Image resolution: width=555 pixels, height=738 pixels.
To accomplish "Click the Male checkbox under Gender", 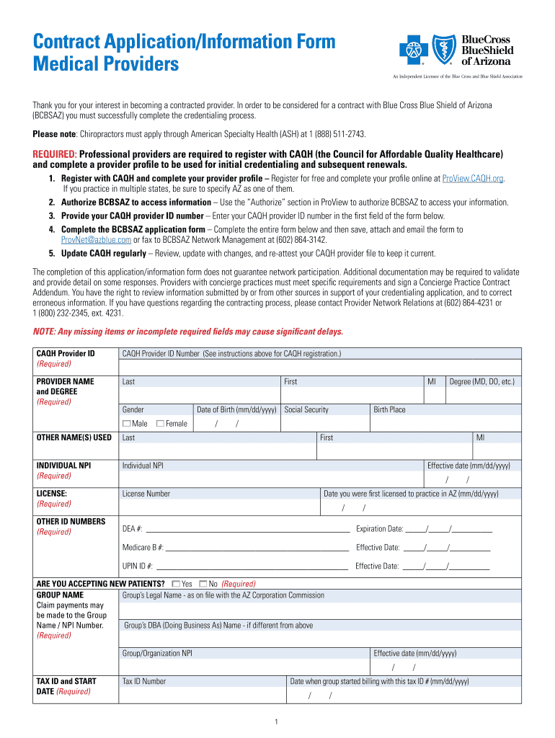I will [x=127, y=424].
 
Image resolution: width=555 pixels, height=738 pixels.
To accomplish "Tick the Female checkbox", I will [x=160, y=424].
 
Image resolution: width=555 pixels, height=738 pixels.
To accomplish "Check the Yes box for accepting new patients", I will [x=176, y=584].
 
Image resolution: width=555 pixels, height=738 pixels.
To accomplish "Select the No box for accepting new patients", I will [x=203, y=584].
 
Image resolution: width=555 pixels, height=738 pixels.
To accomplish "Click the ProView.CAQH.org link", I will [x=473, y=179].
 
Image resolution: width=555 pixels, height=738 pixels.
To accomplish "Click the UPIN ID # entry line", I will [x=252, y=566].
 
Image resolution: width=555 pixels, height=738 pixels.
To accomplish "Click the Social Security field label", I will [x=306, y=409].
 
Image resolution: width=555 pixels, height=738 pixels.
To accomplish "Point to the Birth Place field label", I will [x=389, y=409].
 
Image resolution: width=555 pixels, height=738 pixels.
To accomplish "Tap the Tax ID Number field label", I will [x=144, y=681].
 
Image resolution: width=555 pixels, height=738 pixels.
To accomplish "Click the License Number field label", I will [x=146, y=494].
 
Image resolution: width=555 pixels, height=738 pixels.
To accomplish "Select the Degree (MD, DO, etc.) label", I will [x=481, y=381].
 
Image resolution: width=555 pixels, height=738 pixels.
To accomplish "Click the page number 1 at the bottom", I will [x=277, y=722].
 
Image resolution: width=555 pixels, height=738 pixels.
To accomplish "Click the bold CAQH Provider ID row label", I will [x=66, y=354].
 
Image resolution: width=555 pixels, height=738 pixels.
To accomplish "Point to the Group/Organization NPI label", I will [x=157, y=654].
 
